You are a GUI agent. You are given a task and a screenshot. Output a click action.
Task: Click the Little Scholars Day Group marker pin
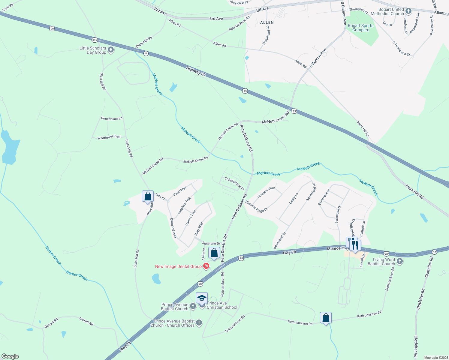(x=111, y=50)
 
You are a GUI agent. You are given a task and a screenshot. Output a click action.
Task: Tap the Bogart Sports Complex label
(x=360, y=28)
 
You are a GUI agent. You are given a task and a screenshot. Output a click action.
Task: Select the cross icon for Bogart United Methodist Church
(x=408, y=11)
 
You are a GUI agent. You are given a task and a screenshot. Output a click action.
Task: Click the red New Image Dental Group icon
(x=206, y=266)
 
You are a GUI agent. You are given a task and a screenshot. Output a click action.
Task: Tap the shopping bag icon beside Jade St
(x=148, y=197)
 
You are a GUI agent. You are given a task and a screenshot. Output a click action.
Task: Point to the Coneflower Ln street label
(x=112, y=118)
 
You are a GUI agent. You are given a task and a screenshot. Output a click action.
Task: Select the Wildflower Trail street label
(x=109, y=137)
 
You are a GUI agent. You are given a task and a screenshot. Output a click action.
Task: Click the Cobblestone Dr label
(x=234, y=183)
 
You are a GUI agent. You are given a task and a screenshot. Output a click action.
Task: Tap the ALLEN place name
(x=267, y=22)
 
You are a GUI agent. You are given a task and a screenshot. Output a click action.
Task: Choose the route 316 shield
(x=95, y=40)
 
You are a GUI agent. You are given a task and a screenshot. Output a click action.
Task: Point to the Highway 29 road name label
(x=196, y=71)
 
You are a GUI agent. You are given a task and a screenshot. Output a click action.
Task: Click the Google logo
(x=10, y=356)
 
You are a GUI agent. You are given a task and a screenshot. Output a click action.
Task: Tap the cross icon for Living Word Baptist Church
(x=399, y=261)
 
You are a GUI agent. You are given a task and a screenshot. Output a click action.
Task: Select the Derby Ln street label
(x=294, y=199)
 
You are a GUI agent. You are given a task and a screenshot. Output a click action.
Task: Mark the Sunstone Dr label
(x=211, y=244)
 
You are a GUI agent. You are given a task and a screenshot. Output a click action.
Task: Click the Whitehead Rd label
(x=266, y=35)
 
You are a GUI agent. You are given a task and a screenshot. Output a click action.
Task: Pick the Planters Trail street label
(x=266, y=192)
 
